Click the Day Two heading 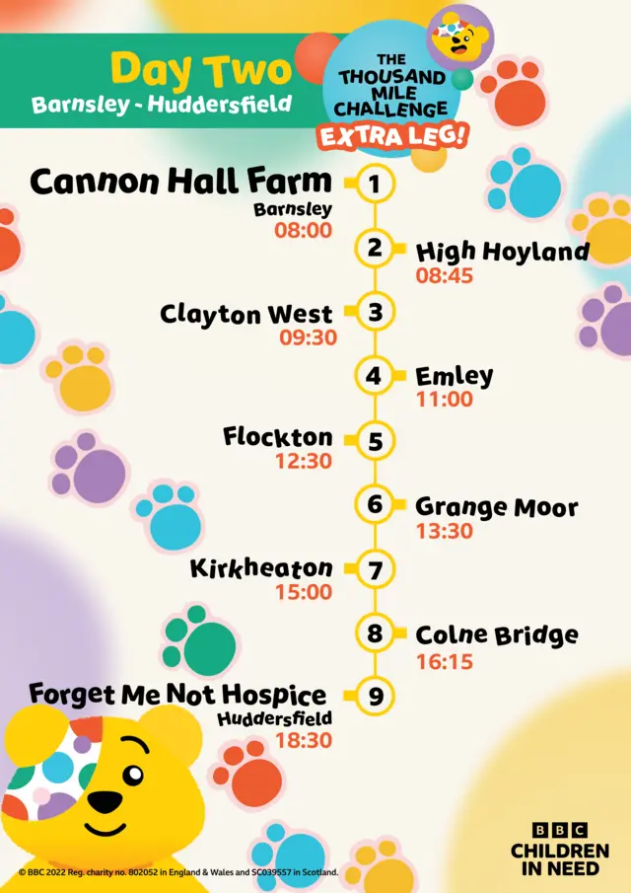[201, 71]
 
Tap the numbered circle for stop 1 [375, 184]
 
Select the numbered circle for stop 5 [375, 441]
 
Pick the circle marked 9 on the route [375, 697]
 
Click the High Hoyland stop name [502, 252]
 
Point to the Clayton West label [246, 315]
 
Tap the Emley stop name [454, 376]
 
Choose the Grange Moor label [496, 507]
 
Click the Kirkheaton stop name [261, 569]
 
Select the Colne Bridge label [496, 635]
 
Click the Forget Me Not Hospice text [177, 694]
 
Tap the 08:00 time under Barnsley [303, 231]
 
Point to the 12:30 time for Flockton [303, 461]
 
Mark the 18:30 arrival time [303, 740]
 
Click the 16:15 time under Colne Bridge [445, 661]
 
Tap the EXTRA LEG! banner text [391, 136]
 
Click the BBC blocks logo [559, 831]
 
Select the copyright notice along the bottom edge [177, 872]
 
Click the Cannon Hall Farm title [180, 182]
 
